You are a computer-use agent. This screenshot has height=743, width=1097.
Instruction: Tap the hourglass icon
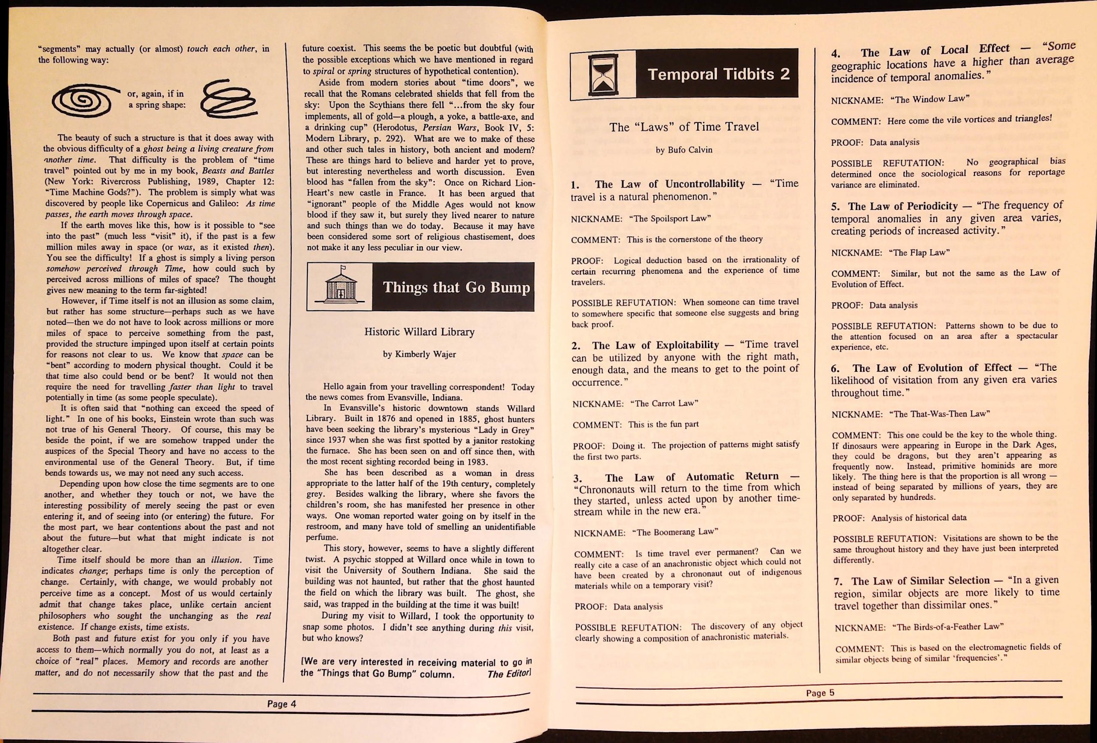603,74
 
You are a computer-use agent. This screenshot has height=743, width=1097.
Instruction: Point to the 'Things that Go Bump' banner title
456,287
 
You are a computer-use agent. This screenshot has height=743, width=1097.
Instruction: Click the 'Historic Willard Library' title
419,332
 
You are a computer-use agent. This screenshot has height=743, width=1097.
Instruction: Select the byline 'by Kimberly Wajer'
419,354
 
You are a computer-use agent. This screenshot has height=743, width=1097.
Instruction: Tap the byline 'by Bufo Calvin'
684,150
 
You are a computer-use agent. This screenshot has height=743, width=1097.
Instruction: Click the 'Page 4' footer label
282,704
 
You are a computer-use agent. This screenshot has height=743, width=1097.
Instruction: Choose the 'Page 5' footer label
820,693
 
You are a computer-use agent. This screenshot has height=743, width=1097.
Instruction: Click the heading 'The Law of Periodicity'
902,206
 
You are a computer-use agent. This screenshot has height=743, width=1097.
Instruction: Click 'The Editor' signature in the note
509,674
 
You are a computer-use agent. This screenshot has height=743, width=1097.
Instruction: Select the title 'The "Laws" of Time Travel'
684,127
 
